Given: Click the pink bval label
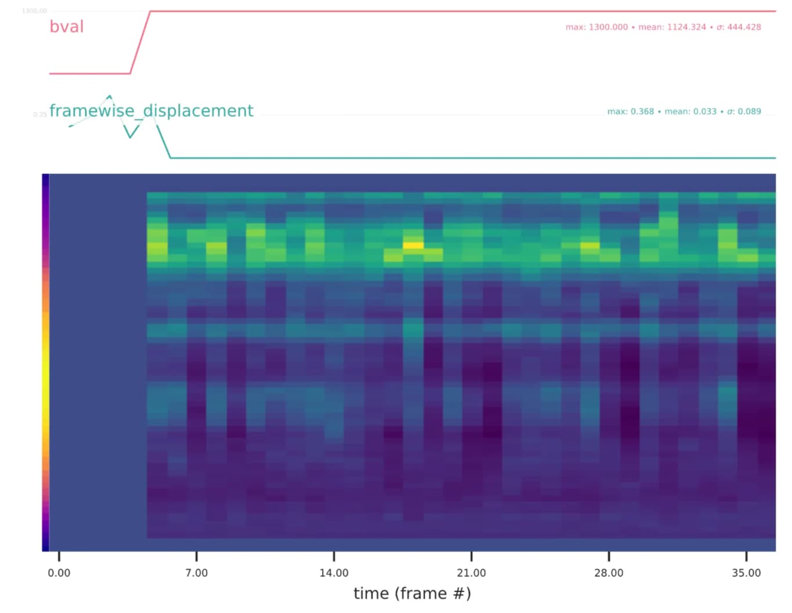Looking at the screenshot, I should point(67,27).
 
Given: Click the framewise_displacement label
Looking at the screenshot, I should point(151,111).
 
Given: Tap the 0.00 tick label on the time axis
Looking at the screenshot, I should point(59,573).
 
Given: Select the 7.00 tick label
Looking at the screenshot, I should point(196,573).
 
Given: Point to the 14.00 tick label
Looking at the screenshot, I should point(334,573).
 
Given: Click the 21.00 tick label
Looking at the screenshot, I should point(471,573).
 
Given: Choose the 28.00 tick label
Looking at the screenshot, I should point(609,573).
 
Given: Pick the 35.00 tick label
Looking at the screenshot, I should point(746,573).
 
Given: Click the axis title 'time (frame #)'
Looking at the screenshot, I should point(412,593).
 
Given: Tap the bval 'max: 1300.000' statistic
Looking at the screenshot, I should point(596,27).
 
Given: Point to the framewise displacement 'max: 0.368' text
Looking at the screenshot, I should point(630,111).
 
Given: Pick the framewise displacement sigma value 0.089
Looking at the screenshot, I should point(744,111).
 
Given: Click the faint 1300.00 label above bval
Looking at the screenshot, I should point(34,11).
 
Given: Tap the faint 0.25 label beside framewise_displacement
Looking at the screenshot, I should point(40,115).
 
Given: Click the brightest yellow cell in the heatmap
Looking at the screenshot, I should point(413,245).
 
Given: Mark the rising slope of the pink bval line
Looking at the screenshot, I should point(140,42).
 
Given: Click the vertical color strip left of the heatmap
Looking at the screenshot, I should point(45,362).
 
